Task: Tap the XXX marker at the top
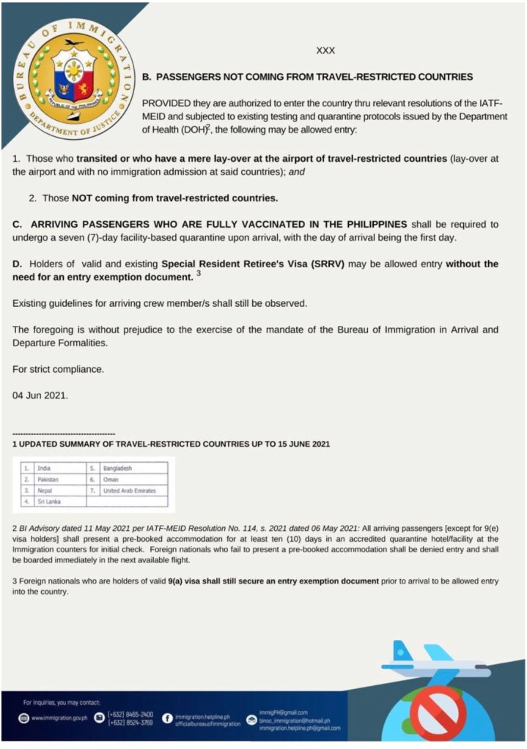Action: (x=325, y=51)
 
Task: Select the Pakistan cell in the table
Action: (x=53, y=478)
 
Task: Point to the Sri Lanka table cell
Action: (x=53, y=502)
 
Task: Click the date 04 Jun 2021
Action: (x=40, y=395)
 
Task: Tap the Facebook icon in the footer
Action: (x=167, y=718)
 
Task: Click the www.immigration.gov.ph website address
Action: (x=59, y=718)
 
